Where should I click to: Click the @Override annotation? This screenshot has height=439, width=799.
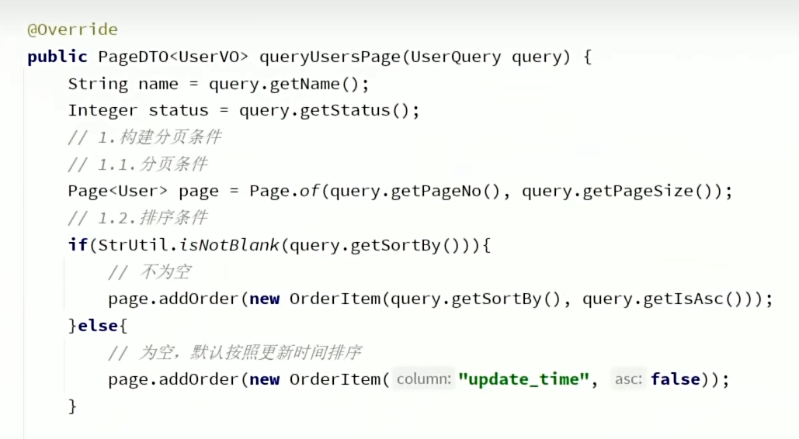click(x=72, y=30)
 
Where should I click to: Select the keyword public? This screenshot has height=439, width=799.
click(x=57, y=57)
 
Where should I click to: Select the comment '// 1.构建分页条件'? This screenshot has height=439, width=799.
click(x=144, y=137)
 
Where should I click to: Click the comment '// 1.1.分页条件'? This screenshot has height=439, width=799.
click(x=137, y=164)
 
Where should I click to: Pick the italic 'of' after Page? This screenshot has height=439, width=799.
click(x=309, y=191)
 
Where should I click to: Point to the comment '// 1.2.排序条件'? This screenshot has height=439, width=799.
click(x=137, y=218)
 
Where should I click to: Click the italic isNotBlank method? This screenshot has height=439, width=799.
click(x=228, y=245)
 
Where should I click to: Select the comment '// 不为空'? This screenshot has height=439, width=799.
click(x=149, y=272)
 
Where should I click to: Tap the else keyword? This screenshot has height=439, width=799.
click(x=98, y=326)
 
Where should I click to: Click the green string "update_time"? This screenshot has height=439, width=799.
click(x=523, y=379)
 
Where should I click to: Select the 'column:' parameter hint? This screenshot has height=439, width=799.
click(x=423, y=379)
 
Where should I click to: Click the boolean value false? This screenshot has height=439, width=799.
click(x=676, y=379)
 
